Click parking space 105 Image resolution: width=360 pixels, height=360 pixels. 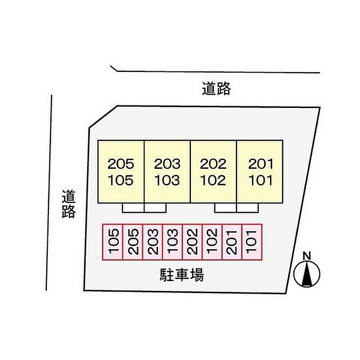[x=113, y=242]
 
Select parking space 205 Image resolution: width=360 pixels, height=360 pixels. [x=133, y=242]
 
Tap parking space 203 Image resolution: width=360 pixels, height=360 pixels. [x=153, y=242]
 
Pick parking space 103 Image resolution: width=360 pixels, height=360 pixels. [x=173, y=242]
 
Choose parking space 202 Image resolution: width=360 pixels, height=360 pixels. [x=193, y=242]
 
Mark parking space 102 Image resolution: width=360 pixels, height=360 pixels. [x=212, y=242]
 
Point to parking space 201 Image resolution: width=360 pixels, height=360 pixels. [x=232, y=242]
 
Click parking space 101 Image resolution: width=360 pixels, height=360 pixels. [x=252, y=242]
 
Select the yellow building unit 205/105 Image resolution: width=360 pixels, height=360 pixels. [x=121, y=172]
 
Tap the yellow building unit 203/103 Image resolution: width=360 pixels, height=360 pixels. [x=168, y=172]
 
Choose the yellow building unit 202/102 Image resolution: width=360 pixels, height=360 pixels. [x=213, y=172]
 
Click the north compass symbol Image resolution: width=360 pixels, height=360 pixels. [x=307, y=274]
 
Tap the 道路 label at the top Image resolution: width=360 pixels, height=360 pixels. [x=216, y=89]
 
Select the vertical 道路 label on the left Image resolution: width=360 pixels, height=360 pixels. [x=69, y=204]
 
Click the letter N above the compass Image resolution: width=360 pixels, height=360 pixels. [x=307, y=256]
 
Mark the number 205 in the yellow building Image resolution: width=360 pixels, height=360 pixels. [x=121, y=165]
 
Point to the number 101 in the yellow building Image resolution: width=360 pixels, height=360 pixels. [x=261, y=181]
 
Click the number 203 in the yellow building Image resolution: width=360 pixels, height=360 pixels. [x=168, y=165]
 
